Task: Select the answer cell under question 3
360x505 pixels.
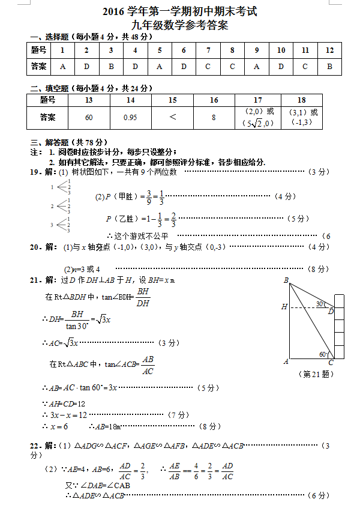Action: [111, 66]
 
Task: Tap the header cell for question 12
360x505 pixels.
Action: [329, 50]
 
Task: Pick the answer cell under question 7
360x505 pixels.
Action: [208, 66]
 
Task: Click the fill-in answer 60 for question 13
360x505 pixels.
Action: [89, 117]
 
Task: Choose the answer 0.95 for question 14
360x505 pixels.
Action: [130, 117]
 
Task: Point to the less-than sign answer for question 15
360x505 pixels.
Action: [173, 116]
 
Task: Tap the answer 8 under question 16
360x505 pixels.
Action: [214, 117]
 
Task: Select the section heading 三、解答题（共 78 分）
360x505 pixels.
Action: [67, 142]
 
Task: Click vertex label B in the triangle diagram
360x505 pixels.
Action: [286, 280]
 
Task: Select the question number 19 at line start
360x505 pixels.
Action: [35, 172]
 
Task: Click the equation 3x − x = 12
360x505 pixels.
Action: [68, 415]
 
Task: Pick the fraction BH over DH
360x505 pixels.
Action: [143, 297]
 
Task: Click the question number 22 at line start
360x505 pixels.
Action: [35, 446]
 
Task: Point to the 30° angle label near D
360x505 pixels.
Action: [320, 304]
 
